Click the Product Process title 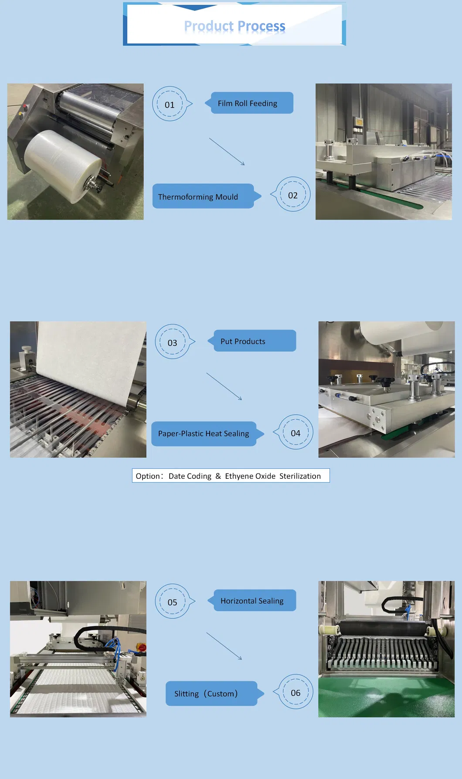pos(234,26)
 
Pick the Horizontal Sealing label pos(252,600)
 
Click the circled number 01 pos(170,104)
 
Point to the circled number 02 pos(292,195)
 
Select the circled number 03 pos(173,342)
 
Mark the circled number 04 pos(295,432)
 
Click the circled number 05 pos(173,602)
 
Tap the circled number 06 pos(295,692)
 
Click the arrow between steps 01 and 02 pos(227,152)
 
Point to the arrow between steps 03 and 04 pos(224,386)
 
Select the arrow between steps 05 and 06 pos(224,646)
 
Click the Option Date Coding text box pos(231,476)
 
